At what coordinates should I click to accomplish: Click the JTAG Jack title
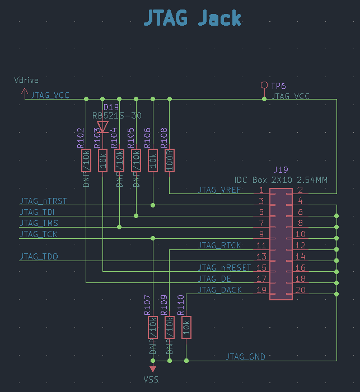193,19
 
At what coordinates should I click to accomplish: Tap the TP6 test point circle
264,85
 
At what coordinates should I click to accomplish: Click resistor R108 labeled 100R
169,160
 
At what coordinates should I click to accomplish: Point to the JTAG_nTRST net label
43,200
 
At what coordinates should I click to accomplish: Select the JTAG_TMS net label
39,223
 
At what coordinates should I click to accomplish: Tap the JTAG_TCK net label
39,234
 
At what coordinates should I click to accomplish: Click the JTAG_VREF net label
219,190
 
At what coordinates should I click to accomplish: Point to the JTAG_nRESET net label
225,268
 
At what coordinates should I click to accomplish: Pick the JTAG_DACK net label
220,290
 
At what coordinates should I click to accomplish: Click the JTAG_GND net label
246,356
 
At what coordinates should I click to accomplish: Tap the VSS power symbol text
151,380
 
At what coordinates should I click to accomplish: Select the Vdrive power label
26,81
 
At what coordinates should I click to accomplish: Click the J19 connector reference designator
280,169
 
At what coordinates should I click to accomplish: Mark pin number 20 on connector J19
301,290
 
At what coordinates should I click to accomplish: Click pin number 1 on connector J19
261,190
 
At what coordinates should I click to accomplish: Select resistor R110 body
186,328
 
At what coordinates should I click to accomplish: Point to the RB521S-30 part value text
117,116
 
